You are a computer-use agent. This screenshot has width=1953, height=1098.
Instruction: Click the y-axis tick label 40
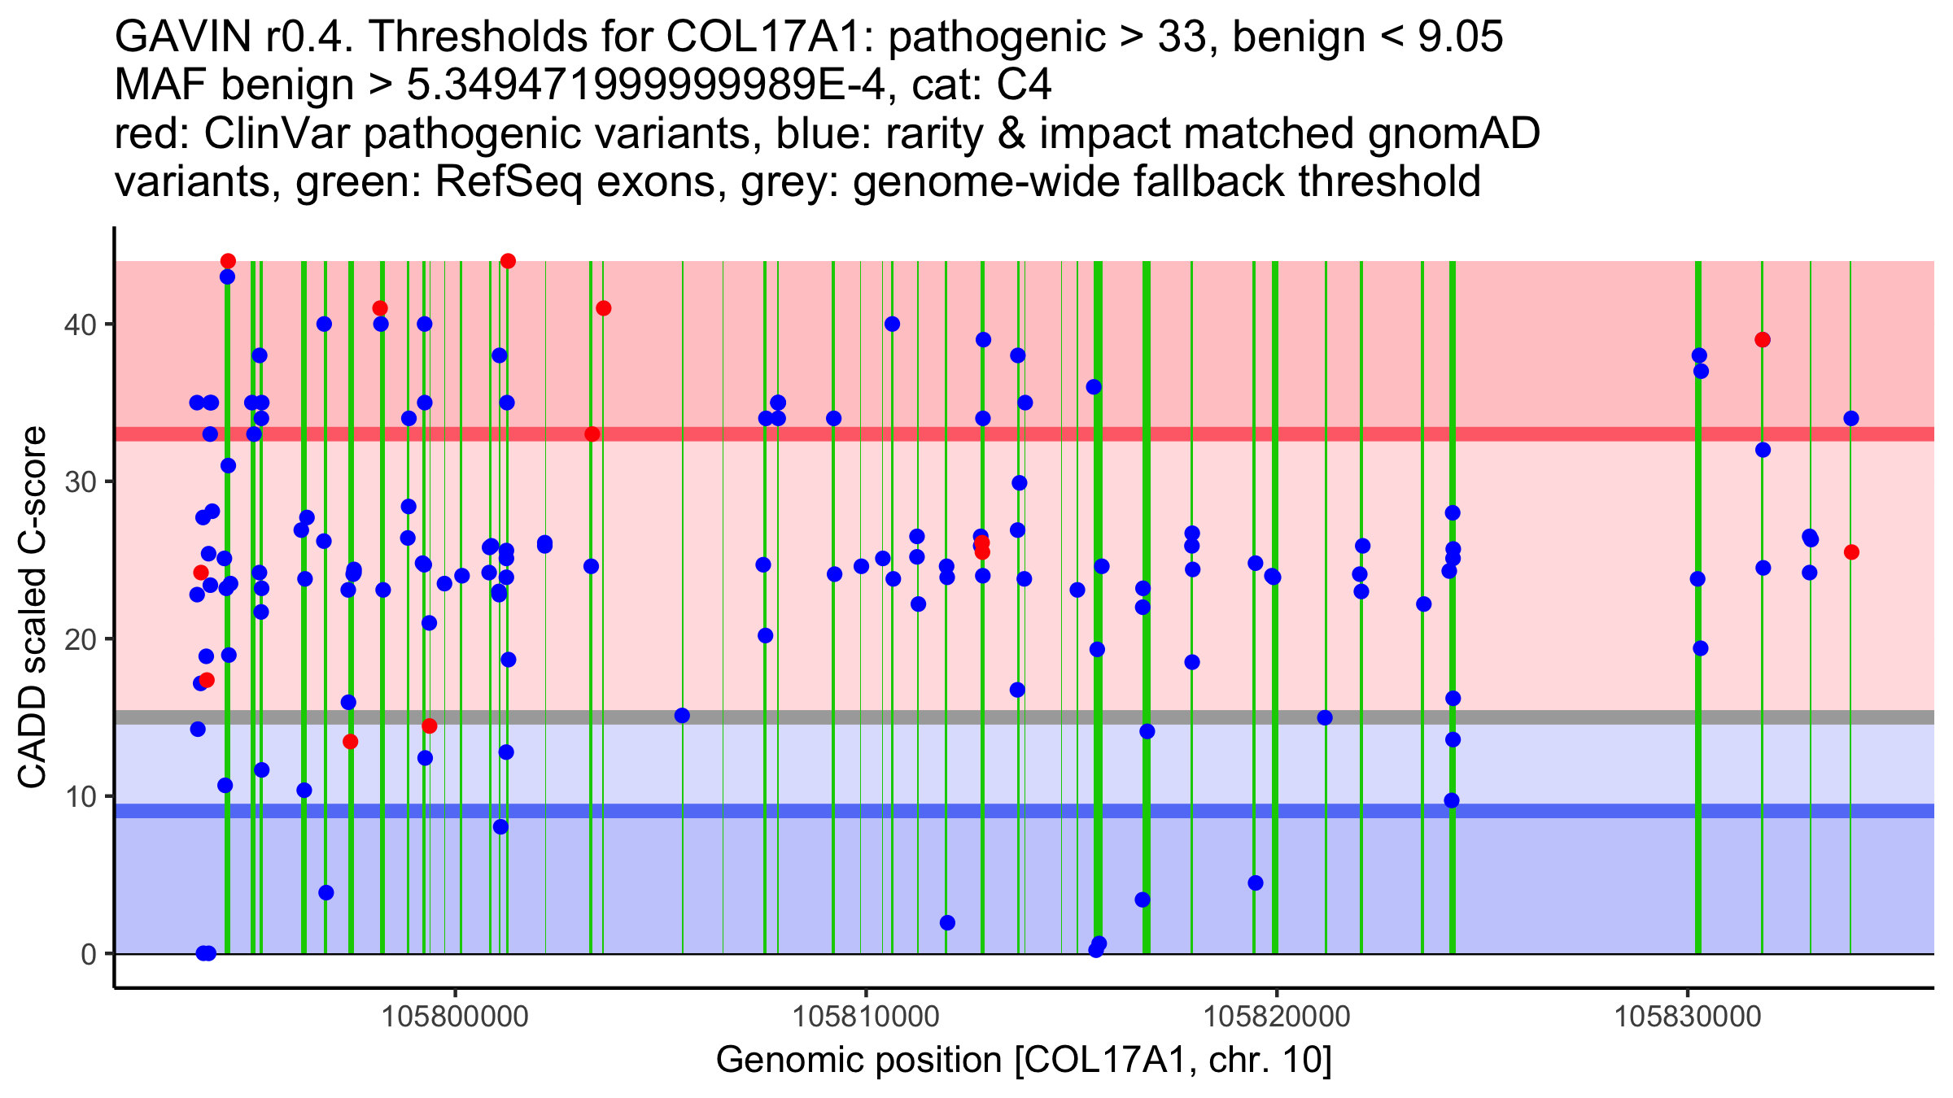click(80, 325)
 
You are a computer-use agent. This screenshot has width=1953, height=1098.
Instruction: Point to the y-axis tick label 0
click(89, 954)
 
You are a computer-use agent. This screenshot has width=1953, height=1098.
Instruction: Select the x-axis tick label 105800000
click(456, 1016)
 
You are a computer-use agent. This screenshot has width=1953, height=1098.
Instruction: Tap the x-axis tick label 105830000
click(1688, 1016)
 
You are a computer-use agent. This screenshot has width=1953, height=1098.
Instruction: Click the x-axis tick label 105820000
click(1277, 1016)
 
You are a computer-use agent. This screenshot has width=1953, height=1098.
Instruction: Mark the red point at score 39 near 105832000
click(1763, 340)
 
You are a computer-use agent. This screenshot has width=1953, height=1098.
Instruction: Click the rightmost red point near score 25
click(1851, 552)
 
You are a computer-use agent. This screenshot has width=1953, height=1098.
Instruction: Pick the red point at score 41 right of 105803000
click(603, 308)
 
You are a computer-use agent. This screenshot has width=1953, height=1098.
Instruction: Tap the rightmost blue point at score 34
click(1851, 419)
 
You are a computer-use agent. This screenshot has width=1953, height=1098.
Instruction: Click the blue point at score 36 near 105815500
click(1094, 387)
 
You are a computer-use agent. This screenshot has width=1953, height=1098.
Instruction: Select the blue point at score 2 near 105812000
click(947, 923)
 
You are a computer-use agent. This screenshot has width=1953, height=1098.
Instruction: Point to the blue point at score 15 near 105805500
click(682, 716)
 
